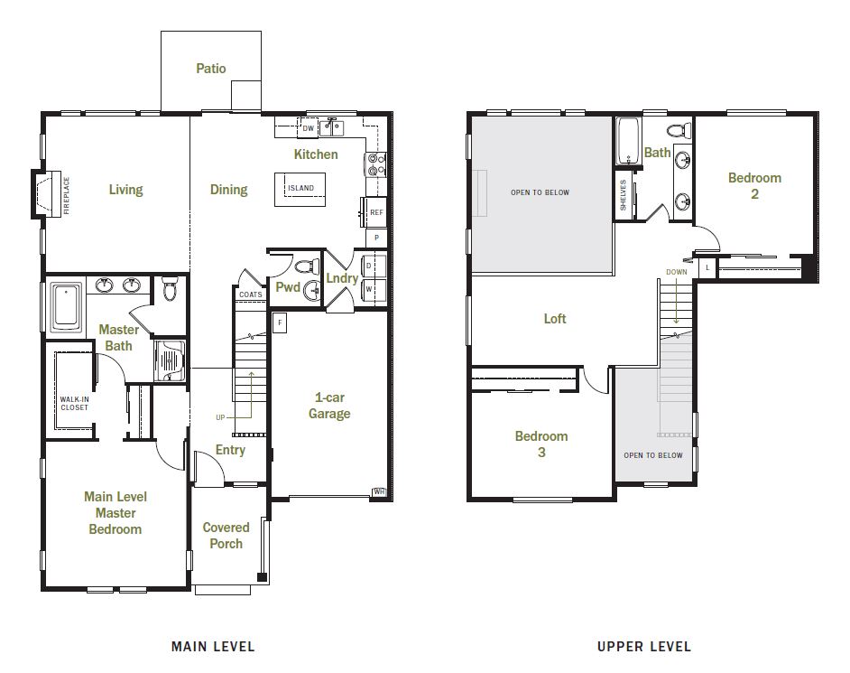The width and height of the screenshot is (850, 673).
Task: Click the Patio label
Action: tap(211, 69)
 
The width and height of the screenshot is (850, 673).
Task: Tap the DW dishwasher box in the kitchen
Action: tap(308, 128)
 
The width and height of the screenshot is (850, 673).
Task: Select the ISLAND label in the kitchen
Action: tap(300, 188)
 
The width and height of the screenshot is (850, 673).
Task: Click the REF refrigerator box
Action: tap(376, 212)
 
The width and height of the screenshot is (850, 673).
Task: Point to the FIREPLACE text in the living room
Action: tap(67, 195)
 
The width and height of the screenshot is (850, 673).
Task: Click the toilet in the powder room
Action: tap(308, 266)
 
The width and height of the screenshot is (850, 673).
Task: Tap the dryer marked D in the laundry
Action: tap(374, 266)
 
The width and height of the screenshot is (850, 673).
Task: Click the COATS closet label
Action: tap(251, 294)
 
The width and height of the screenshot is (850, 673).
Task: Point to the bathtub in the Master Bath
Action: tap(66, 306)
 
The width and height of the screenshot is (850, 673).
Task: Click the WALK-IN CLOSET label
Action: tap(74, 403)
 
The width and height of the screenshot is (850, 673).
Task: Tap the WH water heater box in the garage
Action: tap(379, 491)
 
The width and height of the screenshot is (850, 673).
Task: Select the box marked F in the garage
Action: tap(280, 322)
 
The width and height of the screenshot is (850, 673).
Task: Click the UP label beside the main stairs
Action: tap(220, 417)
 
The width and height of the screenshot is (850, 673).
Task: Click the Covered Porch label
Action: tap(226, 535)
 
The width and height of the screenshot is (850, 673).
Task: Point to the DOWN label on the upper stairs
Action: tap(677, 272)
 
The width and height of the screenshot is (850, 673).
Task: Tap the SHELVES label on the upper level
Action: tap(623, 195)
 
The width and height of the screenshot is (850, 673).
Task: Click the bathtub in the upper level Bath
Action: tap(628, 142)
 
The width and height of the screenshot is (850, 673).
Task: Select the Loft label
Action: tap(555, 319)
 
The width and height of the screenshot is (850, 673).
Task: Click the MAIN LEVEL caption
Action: tap(213, 647)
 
